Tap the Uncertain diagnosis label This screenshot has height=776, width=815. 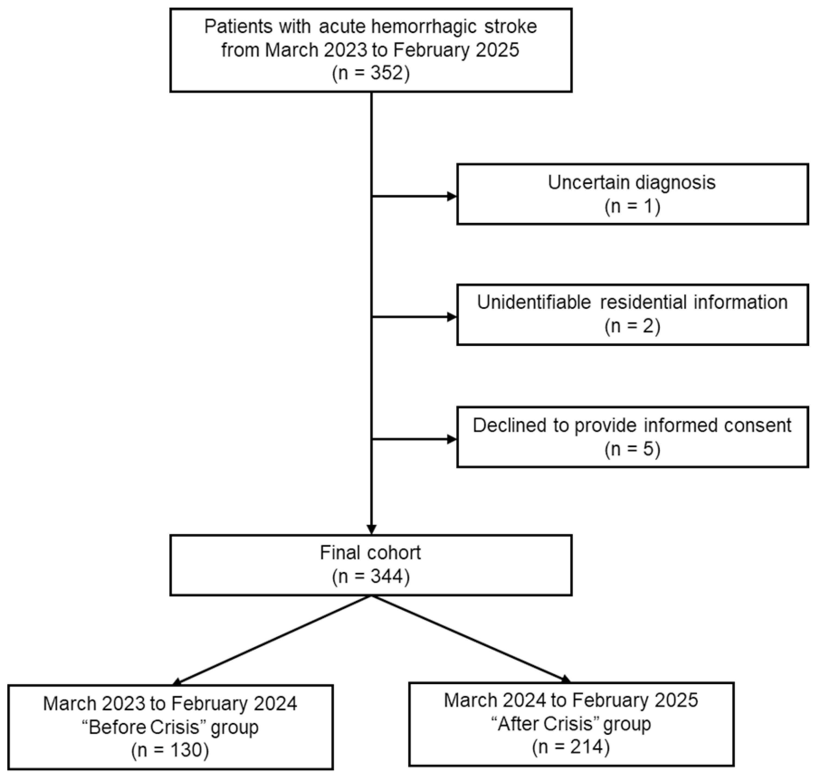[632, 182]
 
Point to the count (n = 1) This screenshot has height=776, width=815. [632, 206]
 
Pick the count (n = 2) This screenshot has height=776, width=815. [632, 326]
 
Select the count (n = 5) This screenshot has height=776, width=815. [632, 449]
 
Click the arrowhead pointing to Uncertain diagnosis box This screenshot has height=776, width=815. [452, 197]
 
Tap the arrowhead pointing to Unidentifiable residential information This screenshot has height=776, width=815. [452, 317]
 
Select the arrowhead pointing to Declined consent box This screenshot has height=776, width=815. [452, 439]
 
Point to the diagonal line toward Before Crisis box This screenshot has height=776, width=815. [273, 639]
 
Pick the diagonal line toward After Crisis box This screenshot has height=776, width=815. [470, 639]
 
